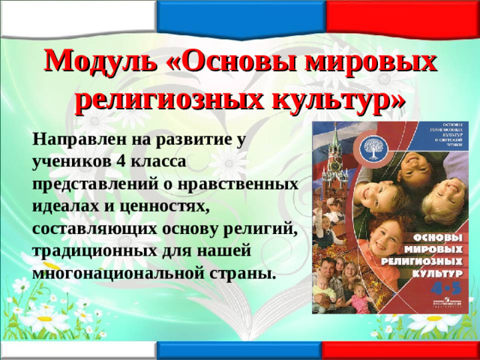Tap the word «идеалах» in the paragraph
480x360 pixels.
[62, 205]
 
